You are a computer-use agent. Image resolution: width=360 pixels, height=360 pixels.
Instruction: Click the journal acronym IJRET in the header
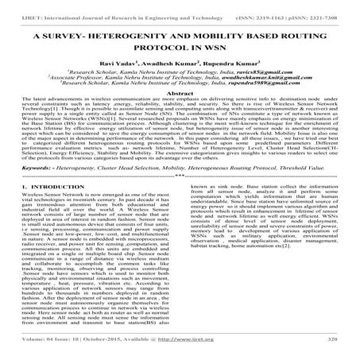(x=17, y=7)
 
